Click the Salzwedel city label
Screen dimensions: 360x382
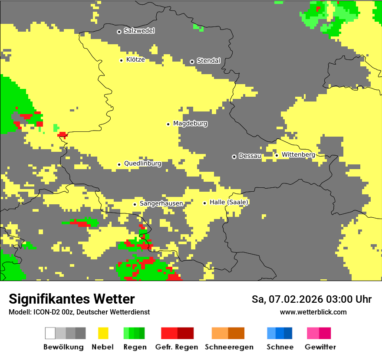click(139, 31)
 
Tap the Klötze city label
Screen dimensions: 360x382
click(135, 60)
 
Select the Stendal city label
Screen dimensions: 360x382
click(208, 61)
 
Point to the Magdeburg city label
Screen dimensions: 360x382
click(190, 124)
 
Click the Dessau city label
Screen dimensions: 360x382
click(250, 156)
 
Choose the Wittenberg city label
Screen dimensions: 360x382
click(298, 155)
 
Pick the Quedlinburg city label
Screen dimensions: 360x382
click(142, 164)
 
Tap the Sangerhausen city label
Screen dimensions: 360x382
click(161, 203)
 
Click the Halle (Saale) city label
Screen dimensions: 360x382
click(229, 203)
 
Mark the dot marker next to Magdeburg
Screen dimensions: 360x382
click(168, 124)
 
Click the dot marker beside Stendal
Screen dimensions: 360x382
click(192, 62)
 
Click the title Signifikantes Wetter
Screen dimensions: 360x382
click(72, 299)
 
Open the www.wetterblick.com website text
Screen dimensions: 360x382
click(313, 312)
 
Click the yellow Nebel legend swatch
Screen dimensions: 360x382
click(103, 333)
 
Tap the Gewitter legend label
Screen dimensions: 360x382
click(320, 347)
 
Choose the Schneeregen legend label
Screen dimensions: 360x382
click(229, 347)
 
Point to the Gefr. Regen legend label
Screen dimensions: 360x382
click(177, 347)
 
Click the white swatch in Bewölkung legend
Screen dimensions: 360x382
click(50, 333)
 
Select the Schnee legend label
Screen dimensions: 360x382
click(280, 347)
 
